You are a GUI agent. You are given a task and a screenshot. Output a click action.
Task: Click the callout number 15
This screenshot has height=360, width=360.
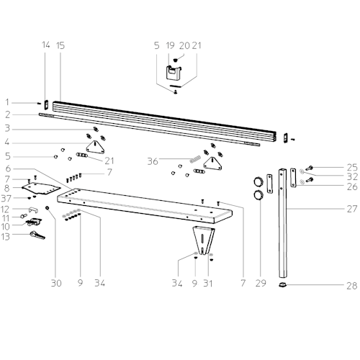[x=60, y=45]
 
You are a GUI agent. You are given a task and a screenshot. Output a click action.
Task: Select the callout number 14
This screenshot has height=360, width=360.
[x=46, y=45]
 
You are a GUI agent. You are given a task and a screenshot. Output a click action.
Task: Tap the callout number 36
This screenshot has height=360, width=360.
[x=153, y=161]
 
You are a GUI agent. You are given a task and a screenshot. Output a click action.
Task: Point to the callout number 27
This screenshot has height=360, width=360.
[x=352, y=209]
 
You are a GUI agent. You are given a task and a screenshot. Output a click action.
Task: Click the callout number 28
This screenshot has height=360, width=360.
[x=352, y=286]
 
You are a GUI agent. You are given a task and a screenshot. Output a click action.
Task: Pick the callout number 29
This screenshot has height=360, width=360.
[x=261, y=283]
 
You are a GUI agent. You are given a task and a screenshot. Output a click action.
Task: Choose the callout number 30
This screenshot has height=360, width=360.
[x=56, y=283]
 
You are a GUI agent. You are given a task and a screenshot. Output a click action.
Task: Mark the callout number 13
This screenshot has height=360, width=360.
[x=5, y=237]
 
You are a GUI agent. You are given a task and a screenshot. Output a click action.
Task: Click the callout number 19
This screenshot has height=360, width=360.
[x=170, y=45]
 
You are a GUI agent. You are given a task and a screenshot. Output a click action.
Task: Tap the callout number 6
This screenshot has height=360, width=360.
[x=8, y=168]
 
